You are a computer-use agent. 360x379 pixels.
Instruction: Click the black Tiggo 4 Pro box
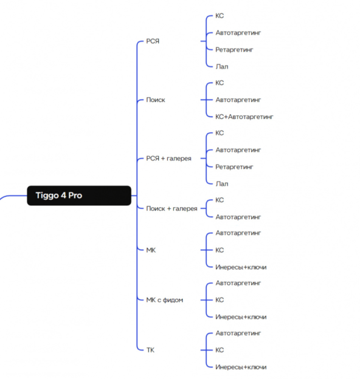point(79,196)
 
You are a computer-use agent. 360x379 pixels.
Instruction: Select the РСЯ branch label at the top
point(153,41)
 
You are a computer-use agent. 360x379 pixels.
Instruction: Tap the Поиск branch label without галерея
point(156,100)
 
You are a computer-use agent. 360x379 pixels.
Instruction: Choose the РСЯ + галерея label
point(168,159)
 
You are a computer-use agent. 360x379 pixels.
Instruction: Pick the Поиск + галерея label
point(171,208)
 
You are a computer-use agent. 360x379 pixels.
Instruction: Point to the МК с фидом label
point(165,300)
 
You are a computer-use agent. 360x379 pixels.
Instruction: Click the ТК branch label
point(150,350)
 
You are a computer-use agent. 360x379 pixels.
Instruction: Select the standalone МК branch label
point(151,250)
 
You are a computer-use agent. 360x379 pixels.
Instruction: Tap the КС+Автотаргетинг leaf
point(244,117)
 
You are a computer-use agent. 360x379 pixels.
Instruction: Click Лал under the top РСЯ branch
point(222,66)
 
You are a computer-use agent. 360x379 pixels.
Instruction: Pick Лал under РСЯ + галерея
point(222,184)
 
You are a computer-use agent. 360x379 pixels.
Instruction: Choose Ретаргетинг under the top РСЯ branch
point(234,50)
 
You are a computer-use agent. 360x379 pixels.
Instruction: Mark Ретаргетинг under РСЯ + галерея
point(234,167)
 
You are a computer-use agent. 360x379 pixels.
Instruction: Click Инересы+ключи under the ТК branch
point(241,367)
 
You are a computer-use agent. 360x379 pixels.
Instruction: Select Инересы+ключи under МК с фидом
point(241,317)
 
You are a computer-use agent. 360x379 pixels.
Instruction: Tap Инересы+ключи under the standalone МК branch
point(241,267)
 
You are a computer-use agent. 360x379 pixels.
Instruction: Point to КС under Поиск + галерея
point(220,200)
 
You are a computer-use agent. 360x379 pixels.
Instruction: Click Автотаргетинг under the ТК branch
point(238,333)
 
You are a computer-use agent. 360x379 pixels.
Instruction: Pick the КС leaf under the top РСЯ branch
point(220,16)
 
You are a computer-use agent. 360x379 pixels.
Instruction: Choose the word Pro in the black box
point(75,196)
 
